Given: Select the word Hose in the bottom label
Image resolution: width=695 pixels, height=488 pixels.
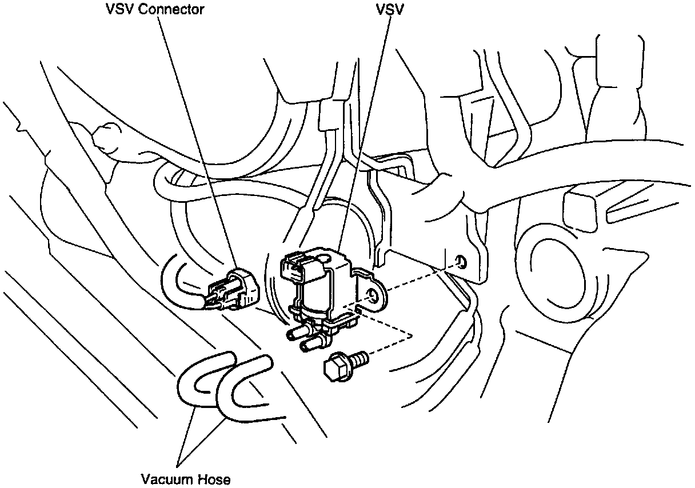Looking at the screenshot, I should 214,479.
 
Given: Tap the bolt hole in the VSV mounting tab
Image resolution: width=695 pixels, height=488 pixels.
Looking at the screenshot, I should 374,295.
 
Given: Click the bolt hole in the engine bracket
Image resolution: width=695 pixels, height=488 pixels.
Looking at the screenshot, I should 461,262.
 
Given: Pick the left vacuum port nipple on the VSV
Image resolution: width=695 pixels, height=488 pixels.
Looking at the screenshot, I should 294,334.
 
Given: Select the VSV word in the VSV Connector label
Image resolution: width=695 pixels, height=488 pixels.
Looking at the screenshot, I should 117,10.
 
